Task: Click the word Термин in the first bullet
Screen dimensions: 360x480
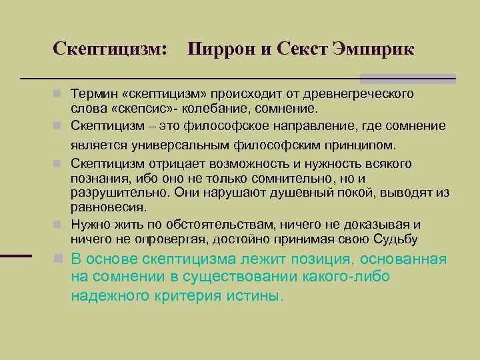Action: click(94, 94)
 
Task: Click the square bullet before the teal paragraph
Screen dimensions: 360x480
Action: click(59, 258)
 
